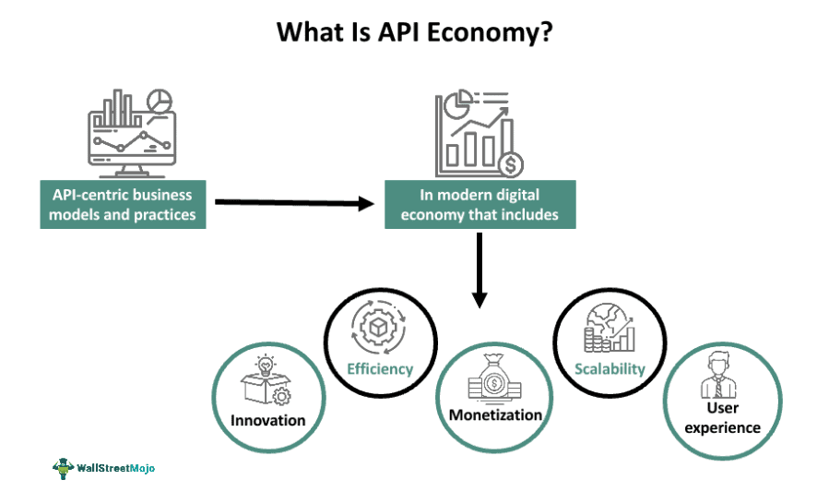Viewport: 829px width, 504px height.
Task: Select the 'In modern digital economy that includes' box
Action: (480, 205)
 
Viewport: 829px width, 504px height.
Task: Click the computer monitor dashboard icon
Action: (130, 135)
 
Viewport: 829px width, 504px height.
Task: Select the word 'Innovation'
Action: (268, 420)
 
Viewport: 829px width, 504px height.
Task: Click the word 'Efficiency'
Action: (380, 369)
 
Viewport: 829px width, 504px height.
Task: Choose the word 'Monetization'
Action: (495, 414)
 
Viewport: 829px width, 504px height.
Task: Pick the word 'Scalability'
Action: (609, 369)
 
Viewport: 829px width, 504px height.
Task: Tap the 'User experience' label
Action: (723, 417)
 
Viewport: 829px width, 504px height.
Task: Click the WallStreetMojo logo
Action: (104, 468)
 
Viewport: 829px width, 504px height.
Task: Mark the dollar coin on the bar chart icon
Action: (508, 165)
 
